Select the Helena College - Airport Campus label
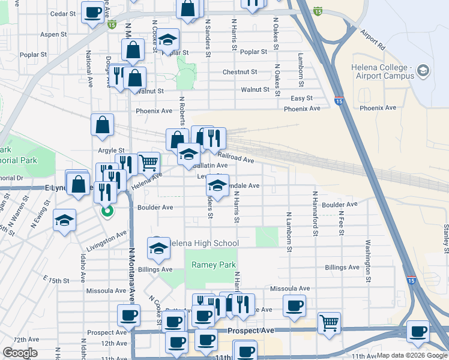(382, 71)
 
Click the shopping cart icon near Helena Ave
(149, 162)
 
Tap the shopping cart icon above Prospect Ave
(329, 323)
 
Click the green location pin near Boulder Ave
(107, 212)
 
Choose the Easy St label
(302, 98)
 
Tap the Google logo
(20, 353)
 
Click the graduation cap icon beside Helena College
(423, 71)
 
